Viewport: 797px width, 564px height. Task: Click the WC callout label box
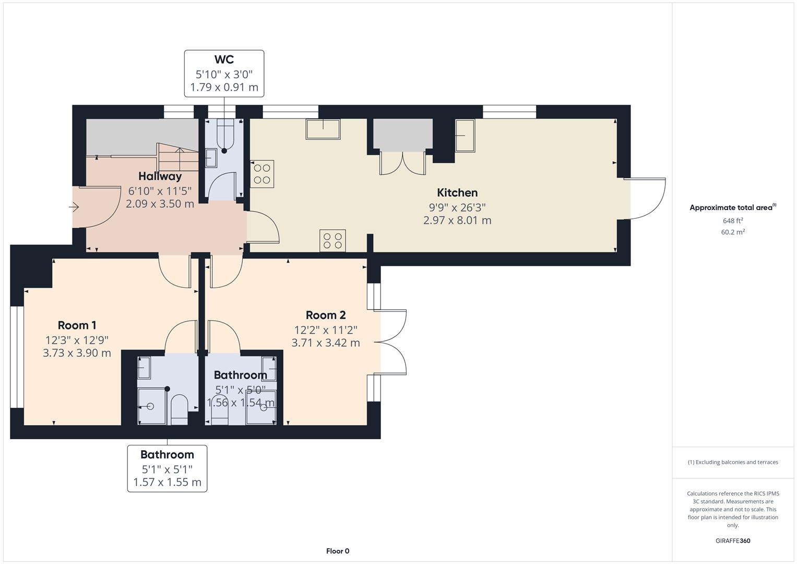(224, 74)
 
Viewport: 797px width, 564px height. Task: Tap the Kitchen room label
(457, 193)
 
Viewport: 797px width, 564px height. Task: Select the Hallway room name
(160, 177)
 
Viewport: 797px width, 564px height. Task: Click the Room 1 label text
(77, 325)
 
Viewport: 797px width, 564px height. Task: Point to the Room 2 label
(326, 315)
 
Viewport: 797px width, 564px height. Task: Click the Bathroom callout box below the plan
(167, 468)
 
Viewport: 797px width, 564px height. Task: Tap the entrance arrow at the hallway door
(74, 208)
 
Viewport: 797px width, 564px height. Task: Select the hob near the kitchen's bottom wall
(332, 241)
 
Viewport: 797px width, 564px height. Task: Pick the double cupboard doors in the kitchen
(402, 163)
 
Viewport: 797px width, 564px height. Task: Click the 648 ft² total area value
(733, 221)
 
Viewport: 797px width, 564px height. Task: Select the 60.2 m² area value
(733, 232)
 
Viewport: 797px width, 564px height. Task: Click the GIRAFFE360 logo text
(733, 540)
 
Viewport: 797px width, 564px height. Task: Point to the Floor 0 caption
(338, 551)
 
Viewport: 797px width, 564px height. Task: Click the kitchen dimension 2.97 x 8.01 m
(457, 220)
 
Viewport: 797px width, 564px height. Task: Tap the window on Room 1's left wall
(17, 357)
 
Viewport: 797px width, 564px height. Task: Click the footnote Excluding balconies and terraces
(733, 462)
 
